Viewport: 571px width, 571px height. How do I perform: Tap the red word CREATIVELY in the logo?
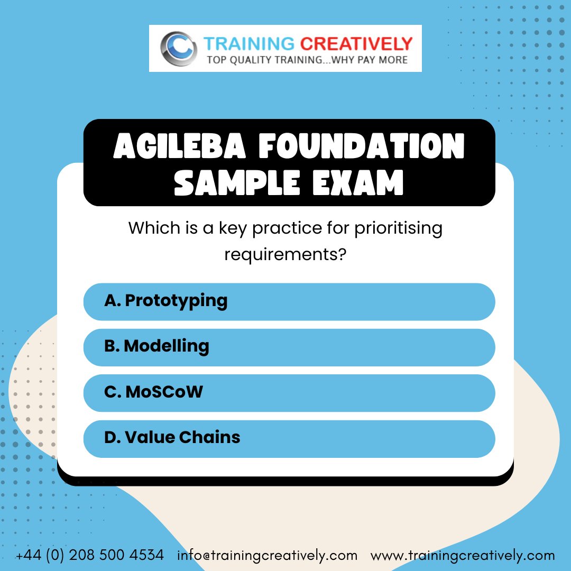click(357, 43)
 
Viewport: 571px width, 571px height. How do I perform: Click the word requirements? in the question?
click(285, 254)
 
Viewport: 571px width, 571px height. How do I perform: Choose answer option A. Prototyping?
click(289, 301)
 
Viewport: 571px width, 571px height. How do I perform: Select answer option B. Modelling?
click(289, 347)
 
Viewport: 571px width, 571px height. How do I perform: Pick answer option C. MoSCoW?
click(289, 393)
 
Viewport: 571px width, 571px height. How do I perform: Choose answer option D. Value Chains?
click(289, 438)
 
